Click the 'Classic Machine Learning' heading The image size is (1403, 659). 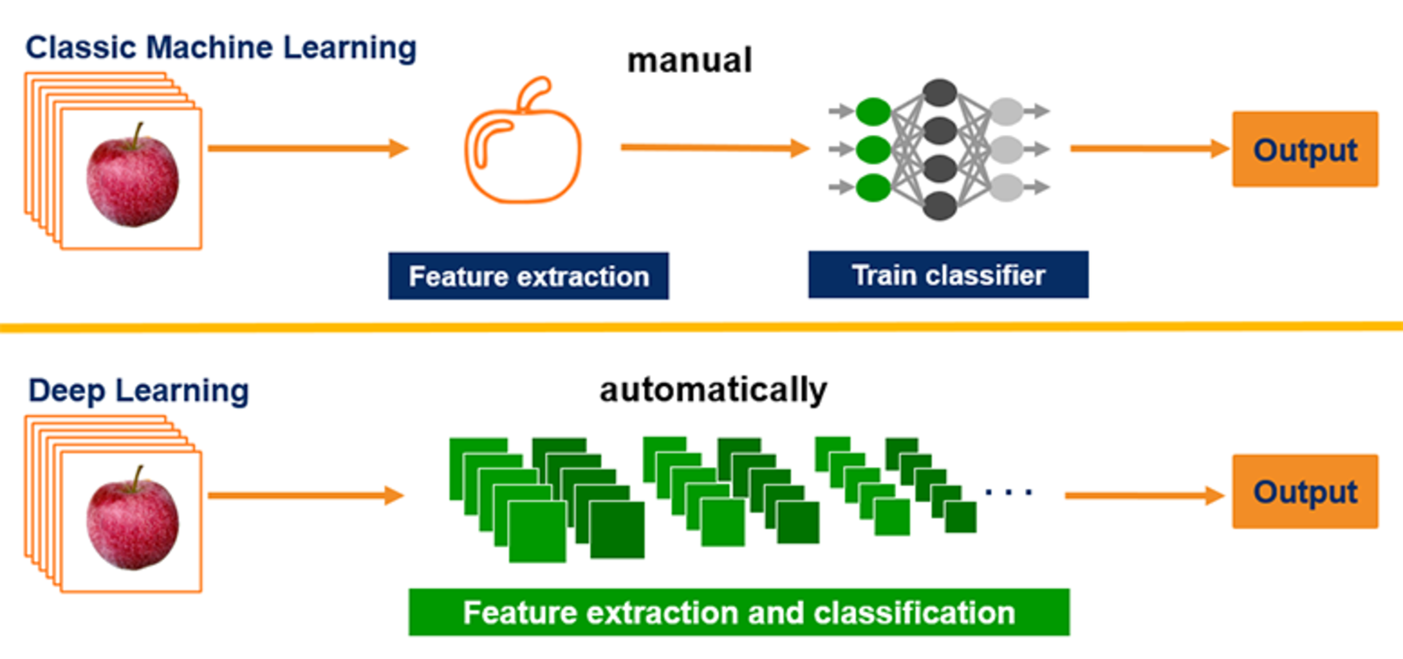click(220, 47)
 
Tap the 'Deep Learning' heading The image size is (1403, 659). click(139, 390)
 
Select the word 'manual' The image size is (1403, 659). click(689, 60)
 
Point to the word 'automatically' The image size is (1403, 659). click(713, 389)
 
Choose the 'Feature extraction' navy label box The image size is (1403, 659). click(529, 276)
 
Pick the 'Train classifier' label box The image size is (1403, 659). click(948, 275)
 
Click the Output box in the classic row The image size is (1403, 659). click(1305, 149)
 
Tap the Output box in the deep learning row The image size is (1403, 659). click(1305, 492)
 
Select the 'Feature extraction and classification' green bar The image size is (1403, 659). click(738, 612)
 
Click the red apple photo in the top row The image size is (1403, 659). click(132, 179)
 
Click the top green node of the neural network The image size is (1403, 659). click(873, 111)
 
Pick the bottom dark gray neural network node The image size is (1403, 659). click(939, 206)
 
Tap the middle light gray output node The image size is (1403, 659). click(1006, 149)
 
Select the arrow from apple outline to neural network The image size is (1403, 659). click(714, 148)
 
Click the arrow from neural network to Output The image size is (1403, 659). click(1149, 148)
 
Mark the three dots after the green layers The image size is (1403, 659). click(1008, 492)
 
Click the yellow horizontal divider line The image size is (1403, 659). click(701, 328)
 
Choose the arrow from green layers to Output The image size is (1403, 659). click(1143, 496)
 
